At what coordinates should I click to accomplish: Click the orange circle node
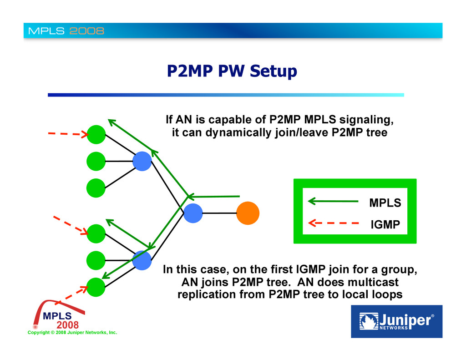pyautogui.click(x=248, y=213)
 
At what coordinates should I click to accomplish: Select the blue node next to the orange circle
pyautogui.click(x=193, y=213)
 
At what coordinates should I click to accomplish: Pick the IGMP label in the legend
pyautogui.click(x=385, y=224)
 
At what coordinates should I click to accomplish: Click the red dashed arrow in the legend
pyautogui.click(x=333, y=223)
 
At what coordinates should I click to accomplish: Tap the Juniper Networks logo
pyautogui.click(x=396, y=321)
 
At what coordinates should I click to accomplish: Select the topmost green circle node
pyautogui.click(x=96, y=134)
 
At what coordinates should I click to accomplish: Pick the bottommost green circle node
pyautogui.click(x=96, y=287)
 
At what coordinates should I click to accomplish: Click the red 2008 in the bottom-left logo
pyautogui.click(x=67, y=325)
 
